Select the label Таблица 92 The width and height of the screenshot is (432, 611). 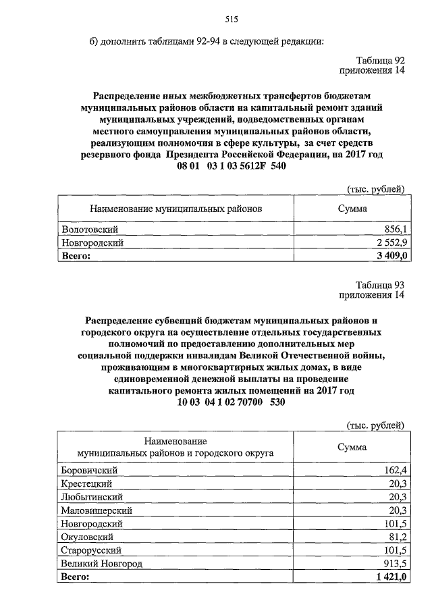point(380,60)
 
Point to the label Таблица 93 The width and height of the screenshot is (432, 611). point(380,285)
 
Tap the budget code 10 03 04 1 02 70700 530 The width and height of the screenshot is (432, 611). point(231,403)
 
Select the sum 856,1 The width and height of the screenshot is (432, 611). point(395,230)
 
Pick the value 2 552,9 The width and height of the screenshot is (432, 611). point(389,242)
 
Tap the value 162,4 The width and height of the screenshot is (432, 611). point(395,470)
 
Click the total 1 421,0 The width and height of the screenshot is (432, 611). point(389,577)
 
